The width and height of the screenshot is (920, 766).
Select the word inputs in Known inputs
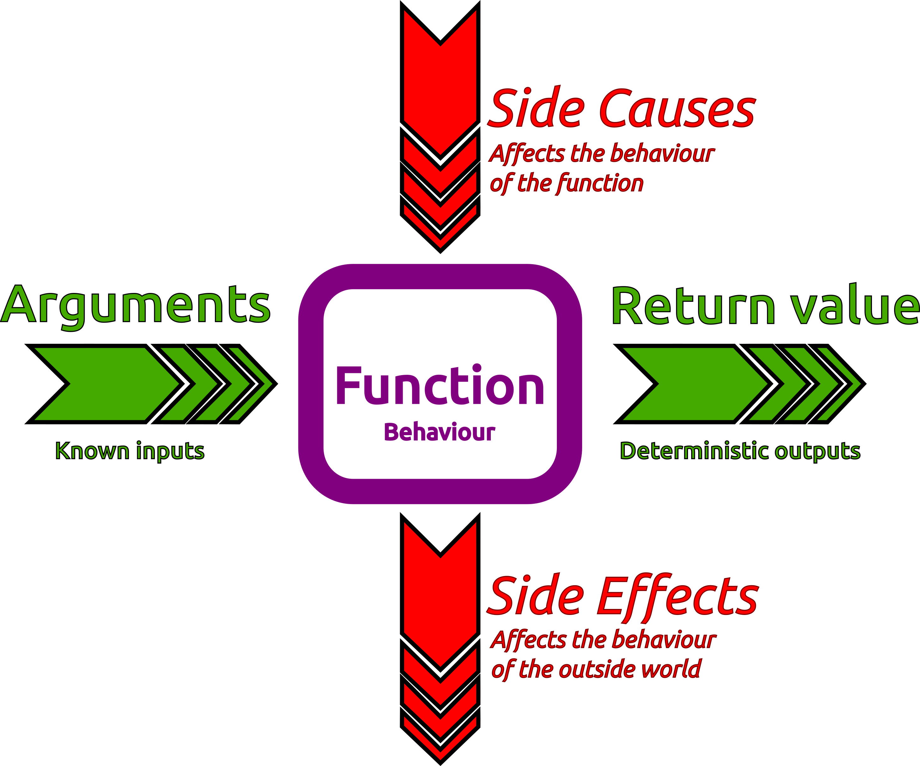pos(170,452)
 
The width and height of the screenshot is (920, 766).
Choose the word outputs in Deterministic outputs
pos(818,452)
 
